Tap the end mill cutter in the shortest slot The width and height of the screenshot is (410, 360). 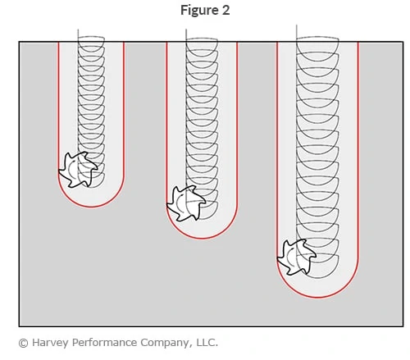(78, 170)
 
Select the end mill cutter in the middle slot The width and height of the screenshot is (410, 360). (186, 202)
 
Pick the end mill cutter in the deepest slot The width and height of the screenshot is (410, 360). (295, 257)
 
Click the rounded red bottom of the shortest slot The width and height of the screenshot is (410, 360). (91, 206)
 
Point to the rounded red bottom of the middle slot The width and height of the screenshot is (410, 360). (202, 238)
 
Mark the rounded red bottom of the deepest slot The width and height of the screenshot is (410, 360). (317, 296)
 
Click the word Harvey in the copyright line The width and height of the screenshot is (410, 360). (52, 342)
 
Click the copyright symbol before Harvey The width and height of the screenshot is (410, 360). (23, 342)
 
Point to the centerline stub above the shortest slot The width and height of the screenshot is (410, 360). (79, 35)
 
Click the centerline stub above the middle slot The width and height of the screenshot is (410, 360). (187, 35)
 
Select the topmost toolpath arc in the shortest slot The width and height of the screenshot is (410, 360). (91, 48)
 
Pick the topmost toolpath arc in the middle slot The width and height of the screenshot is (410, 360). (202, 48)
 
